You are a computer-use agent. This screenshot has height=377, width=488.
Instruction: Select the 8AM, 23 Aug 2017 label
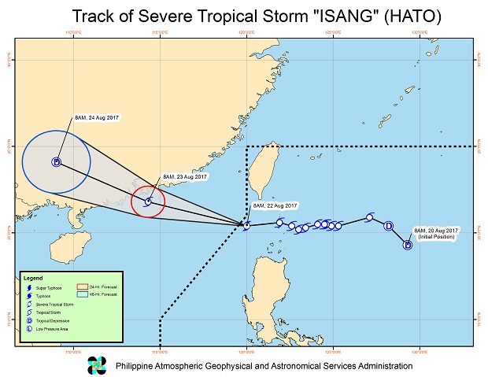click(184, 177)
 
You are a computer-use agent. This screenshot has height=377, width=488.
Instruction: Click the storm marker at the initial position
click(408, 245)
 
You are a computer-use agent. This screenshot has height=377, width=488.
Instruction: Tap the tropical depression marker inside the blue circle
click(56, 163)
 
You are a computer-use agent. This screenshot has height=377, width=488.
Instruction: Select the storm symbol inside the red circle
click(147, 201)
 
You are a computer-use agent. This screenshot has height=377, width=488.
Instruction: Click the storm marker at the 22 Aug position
click(246, 226)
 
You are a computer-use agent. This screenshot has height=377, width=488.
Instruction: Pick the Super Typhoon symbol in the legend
click(28, 287)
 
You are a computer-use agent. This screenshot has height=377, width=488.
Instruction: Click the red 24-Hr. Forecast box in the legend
click(82, 286)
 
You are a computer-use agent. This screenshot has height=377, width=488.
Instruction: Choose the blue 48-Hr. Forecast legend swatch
click(82, 294)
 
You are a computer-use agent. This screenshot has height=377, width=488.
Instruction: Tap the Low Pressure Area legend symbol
click(28, 328)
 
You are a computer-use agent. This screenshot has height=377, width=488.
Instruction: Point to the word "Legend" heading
click(33, 278)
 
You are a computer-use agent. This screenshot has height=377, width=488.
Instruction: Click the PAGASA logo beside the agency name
click(96, 365)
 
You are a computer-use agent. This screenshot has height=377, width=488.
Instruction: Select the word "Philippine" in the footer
click(139, 366)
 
